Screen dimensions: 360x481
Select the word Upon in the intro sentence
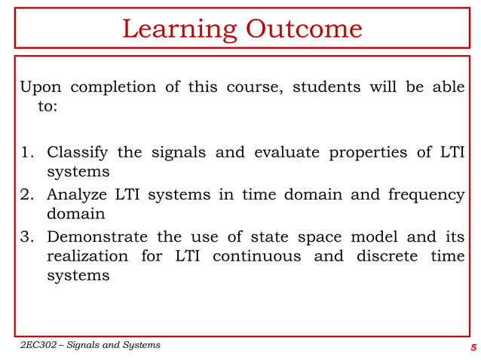[41, 87]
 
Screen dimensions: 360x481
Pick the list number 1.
[26, 153]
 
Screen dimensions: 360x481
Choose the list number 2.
[26, 195]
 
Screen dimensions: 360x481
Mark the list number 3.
[26, 237]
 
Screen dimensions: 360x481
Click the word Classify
[78, 153]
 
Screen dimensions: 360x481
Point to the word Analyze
[77, 196]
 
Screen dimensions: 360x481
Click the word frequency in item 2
[426, 196]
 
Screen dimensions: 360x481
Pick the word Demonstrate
[96, 237]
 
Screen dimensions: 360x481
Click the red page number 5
[473, 347]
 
